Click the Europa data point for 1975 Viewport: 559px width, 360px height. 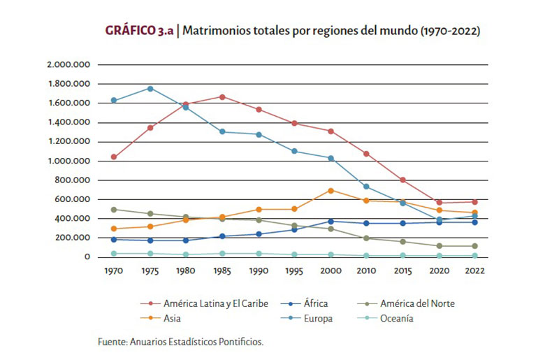(150, 89)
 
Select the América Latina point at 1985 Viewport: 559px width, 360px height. (222, 97)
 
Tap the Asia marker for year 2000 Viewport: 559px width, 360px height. (331, 190)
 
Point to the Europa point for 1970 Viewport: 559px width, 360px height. (113, 101)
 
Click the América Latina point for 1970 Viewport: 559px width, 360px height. (113, 157)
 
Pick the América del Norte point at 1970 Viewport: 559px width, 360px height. (113, 210)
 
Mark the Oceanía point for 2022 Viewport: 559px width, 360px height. (475, 256)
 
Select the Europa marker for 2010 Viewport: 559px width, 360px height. (367, 187)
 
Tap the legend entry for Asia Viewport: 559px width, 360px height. (174, 319)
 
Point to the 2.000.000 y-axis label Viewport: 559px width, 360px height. (68, 65)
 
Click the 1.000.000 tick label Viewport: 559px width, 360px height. (68, 161)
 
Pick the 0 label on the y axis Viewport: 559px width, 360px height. (87, 257)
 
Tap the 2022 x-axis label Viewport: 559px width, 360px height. (475, 271)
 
